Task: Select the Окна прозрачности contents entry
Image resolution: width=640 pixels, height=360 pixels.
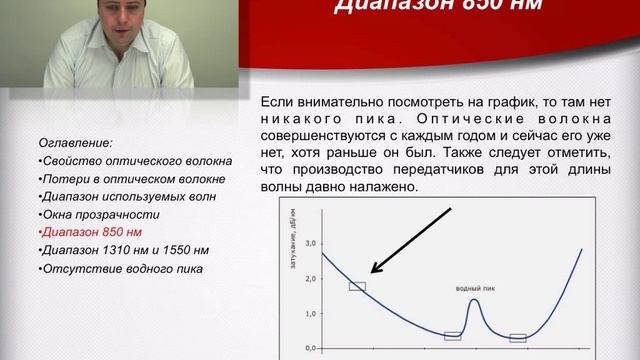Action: coord(93,214)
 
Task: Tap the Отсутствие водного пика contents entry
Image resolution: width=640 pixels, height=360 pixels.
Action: coord(120,269)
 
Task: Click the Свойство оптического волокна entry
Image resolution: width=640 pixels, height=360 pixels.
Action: coord(135,161)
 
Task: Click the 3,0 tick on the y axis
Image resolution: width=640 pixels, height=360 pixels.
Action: coord(309,243)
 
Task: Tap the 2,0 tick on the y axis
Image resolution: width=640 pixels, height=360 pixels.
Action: coord(309,278)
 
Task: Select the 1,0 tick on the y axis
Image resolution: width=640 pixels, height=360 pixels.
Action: coord(309,313)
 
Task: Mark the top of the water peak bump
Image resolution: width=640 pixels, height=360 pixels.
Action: coord(474,299)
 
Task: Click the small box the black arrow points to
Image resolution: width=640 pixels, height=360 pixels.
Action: coord(357,287)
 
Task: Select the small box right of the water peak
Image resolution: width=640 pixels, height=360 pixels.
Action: coord(517,338)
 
